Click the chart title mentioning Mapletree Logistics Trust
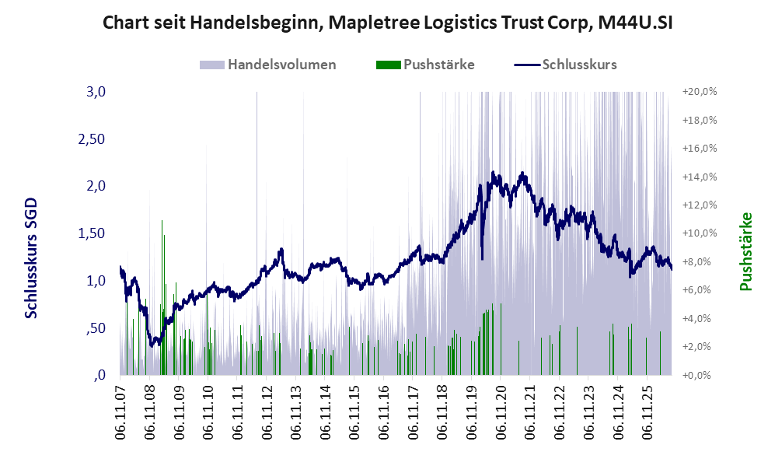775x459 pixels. pos(387,23)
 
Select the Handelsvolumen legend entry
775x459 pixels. pos(267,65)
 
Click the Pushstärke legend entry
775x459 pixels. pos(425,65)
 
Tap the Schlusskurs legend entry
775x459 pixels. pos(565,65)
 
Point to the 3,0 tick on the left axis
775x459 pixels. pos(96,92)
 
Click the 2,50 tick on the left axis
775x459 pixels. pos(92,139)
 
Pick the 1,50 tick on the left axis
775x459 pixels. pos(92,233)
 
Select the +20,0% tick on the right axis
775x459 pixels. pos(700,92)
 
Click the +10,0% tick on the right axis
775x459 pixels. pos(700,233)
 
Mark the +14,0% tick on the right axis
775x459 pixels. pos(700,177)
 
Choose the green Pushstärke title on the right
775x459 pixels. pos(745,251)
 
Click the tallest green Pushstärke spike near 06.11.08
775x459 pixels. pos(162,296)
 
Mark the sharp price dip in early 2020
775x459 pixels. pos(483,243)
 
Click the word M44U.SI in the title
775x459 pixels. pos(635,23)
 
